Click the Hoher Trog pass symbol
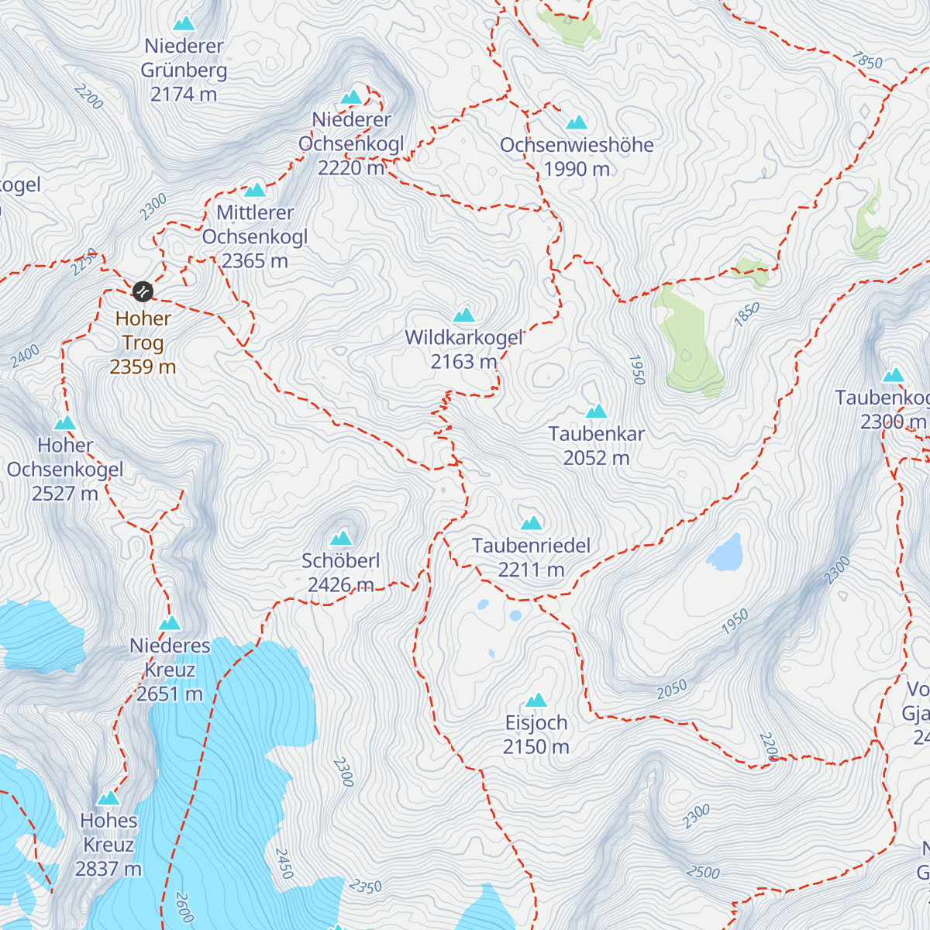(143, 291)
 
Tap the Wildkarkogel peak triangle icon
(463, 314)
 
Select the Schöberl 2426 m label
(340, 572)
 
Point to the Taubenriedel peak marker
(531, 523)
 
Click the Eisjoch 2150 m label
(536, 735)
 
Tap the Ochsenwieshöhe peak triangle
(577, 122)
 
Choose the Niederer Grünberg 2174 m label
(184, 70)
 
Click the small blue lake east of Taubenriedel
(725, 553)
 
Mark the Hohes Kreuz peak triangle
(108, 798)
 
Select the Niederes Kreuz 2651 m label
(170, 670)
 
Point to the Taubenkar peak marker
(596, 412)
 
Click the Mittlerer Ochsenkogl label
(255, 236)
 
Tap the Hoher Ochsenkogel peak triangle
(64, 423)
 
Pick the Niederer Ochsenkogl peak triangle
(351, 98)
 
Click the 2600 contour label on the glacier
(184, 907)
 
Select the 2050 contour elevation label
(671, 689)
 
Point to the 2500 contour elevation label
(703, 872)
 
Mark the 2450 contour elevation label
(284, 863)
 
